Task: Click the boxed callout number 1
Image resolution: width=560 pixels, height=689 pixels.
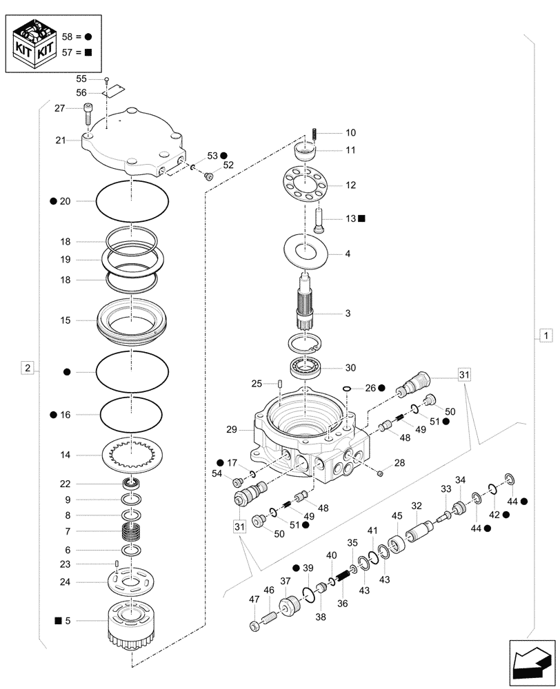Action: pos(545,336)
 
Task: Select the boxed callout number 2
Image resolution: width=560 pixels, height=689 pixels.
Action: pos(27,368)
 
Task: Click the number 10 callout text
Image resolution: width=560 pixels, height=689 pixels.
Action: pos(332,132)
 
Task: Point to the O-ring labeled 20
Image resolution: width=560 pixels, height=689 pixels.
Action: pos(132,200)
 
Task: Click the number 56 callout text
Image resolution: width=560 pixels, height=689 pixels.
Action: pos(81,92)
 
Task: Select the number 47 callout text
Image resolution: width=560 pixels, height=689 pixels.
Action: pos(254,600)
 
